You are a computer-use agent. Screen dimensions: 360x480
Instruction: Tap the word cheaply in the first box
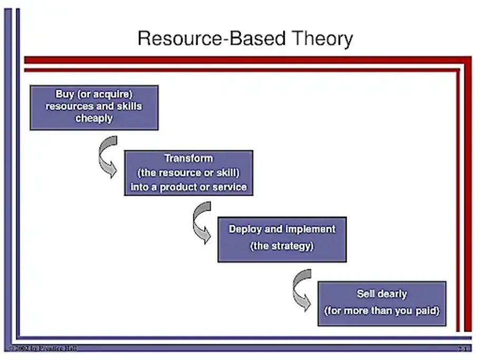click(94, 118)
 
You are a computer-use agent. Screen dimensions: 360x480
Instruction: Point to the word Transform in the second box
click(188, 158)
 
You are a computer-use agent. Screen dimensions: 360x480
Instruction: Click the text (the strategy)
click(282, 246)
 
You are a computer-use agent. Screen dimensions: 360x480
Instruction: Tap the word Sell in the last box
click(366, 294)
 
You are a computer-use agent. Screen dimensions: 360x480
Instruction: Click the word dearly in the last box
click(392, 294)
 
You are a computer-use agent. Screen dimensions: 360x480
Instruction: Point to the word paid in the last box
click(427, 310)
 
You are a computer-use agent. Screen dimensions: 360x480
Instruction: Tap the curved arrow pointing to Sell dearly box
click(302, 289)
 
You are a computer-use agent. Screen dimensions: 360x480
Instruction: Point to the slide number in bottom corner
click(463, 349)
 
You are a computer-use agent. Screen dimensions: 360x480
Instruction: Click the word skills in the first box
click(127, 106)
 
